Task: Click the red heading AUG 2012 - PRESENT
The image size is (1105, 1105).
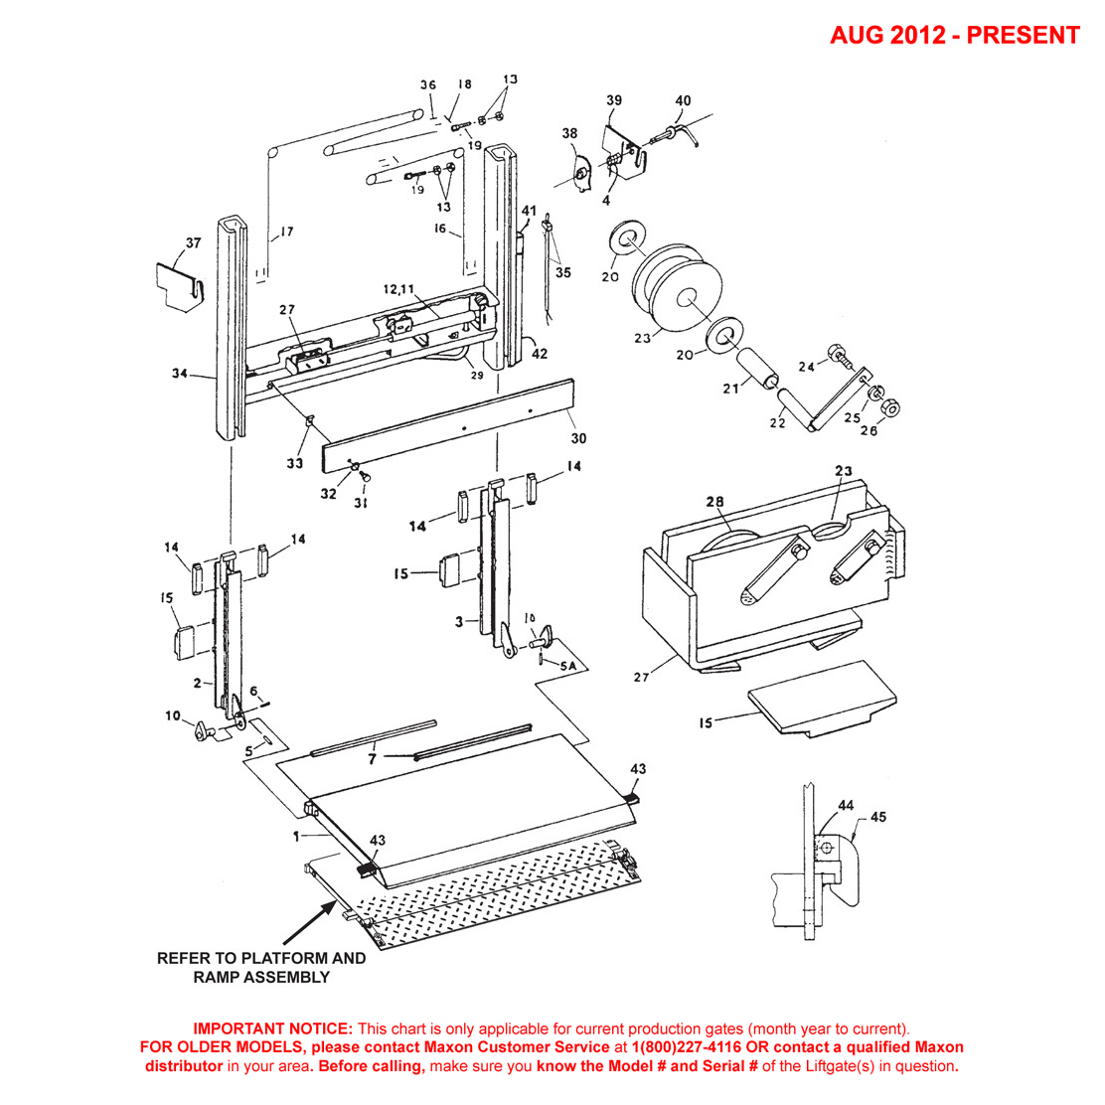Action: click(954, 36)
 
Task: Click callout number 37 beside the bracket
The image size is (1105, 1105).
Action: click(192, 242)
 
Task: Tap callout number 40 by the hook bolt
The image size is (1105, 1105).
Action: click(683, 101)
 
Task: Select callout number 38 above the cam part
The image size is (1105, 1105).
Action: click(569, 133)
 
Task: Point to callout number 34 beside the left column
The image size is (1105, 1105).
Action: click(179, 374)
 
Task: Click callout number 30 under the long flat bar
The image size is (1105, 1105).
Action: click(578, 438)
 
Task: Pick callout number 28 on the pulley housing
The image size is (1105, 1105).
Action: click(714, 501)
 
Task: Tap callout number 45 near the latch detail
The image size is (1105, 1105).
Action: click(877, 817)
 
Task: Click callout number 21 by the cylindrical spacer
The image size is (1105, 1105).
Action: click(731, 389)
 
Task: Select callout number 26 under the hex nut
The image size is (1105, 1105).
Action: click(868, 430)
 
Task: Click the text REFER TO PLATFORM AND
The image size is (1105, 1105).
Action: click(261, 959)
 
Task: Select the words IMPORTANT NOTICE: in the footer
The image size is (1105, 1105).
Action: click(272, 1028)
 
